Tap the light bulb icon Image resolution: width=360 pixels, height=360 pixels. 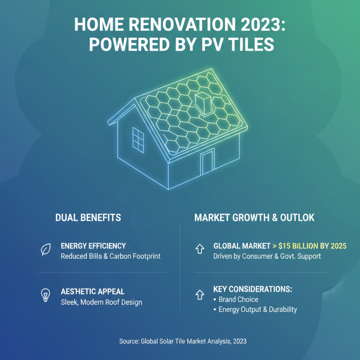tap(45, 295)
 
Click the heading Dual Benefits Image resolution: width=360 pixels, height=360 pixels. tap(88, 218)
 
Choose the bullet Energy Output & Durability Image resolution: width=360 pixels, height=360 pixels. tap(257, 309)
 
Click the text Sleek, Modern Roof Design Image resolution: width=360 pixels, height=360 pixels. tap(101, 302)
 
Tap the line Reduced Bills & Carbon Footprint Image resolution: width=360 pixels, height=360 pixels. tap(110, 256)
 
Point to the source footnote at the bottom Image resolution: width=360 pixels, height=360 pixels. tap(183, 342)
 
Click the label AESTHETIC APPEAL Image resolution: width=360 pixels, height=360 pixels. tap(93, 292)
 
